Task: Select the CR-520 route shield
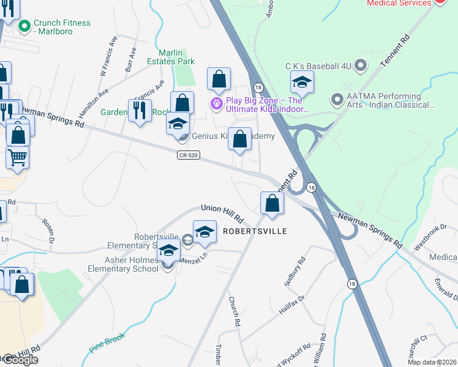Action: [189, 156]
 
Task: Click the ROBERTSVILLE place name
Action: [254, 232]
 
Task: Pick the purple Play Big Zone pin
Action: [216, 104]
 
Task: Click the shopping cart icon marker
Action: [17, 157]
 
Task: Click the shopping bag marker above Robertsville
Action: [272, 203]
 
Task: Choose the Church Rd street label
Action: [234, 311]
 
